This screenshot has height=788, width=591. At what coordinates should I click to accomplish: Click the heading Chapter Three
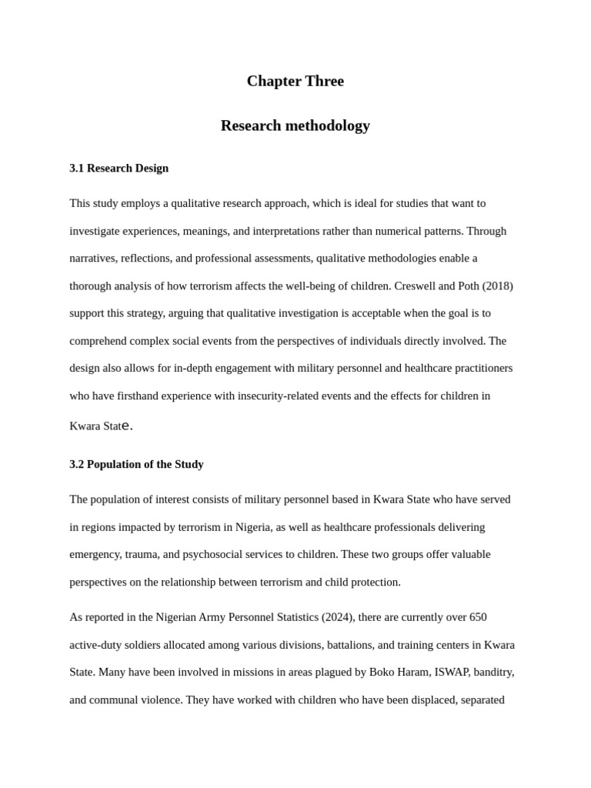[295, 82]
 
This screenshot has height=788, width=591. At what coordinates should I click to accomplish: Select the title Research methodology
[295, 125]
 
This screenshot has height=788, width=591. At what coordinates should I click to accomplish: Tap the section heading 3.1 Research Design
[119, 169]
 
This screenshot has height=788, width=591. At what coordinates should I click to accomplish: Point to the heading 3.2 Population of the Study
[136, 465]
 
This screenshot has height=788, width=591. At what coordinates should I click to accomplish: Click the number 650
[477, 618]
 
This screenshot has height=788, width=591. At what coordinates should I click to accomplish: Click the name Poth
[471, 286]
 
